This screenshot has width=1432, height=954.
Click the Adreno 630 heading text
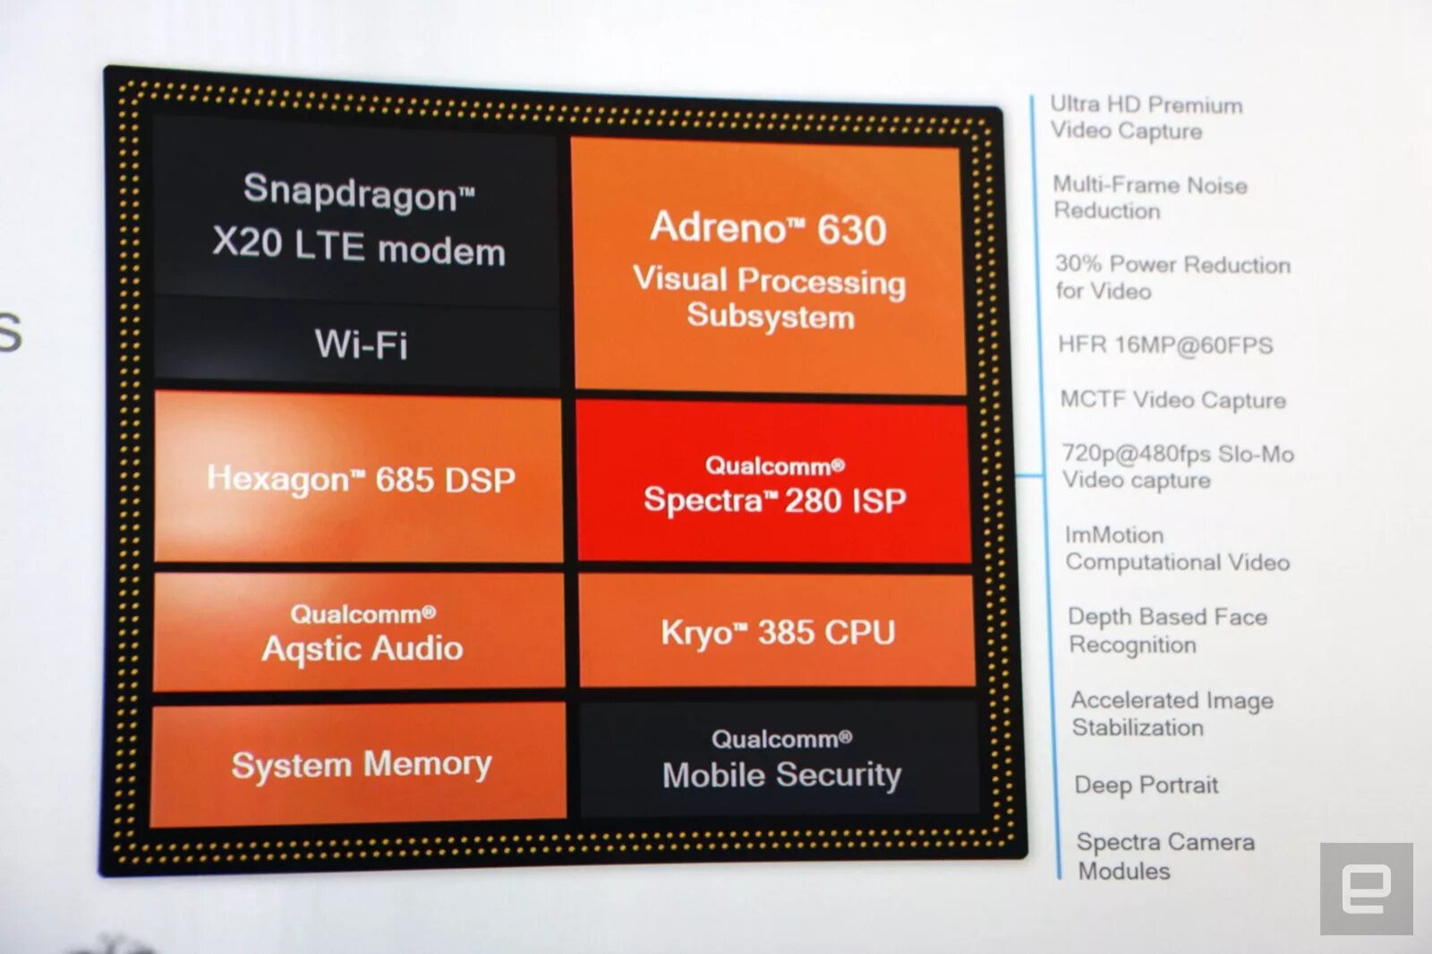pos(768,228)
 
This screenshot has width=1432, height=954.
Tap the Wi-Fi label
pos(361,345)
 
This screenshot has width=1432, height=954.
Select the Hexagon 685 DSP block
pos(360,479)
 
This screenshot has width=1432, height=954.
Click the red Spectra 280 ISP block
pos(774,484)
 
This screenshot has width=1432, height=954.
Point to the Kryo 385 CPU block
pos(777,632)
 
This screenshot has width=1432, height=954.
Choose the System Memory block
pos(360,764)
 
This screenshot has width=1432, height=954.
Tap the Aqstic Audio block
pos(361,634)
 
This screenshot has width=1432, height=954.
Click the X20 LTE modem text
pos(358,246)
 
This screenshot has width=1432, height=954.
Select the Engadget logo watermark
pos(1366,889)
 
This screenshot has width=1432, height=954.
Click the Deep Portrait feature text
pos(1146,785)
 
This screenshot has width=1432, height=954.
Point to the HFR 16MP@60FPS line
pos(1164,345)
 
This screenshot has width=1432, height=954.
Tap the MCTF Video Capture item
pos(1172,399)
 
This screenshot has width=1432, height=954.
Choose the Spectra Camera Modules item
pos(1164,856)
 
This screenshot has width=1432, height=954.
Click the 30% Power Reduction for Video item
pos(1172,277)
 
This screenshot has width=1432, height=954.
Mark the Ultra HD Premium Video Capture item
pos(1146,117)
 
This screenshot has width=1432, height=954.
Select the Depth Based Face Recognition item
pos(1166,630)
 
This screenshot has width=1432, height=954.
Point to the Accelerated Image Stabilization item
pos(1172,713)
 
